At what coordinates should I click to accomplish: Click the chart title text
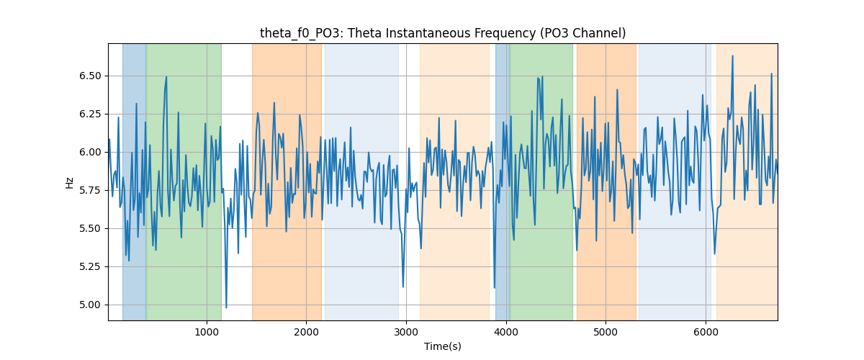[443, 33]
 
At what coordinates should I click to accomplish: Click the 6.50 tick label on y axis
[90, 76]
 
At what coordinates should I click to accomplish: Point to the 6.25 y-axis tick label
[90, 114]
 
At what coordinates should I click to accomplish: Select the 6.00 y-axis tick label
[90, 153]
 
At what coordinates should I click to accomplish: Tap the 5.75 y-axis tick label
[90, 191]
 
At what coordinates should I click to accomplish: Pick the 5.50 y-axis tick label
[90, 229]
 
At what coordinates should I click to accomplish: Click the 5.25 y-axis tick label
[90, 267]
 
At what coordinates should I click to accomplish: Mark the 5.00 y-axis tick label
[90, 305]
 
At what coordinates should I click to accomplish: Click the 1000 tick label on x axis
[207, 332]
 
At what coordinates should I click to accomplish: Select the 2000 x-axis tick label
[307, 332]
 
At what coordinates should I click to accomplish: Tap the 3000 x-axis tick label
[406, 332]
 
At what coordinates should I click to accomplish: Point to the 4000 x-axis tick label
[506, 332]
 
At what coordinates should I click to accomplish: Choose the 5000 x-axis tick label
[606, 332]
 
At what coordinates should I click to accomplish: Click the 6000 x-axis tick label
[706, 332]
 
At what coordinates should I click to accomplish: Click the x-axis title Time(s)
[443, 346]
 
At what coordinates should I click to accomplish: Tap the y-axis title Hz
[69, 183]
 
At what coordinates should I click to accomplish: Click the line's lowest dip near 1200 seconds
[226, 307]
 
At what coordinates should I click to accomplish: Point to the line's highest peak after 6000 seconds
[732, 56]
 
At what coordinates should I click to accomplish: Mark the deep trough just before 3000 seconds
[403, 287]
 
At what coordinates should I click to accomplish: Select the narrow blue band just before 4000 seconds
[503, 182]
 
